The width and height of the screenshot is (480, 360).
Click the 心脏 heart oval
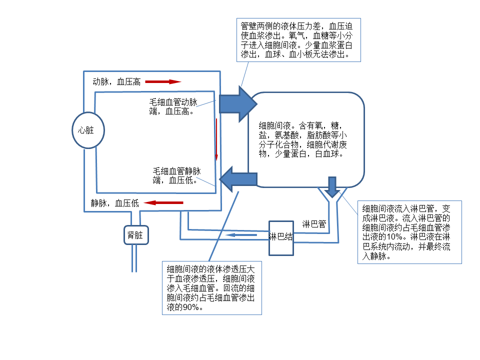tap(88, 130)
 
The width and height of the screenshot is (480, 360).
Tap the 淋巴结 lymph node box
tap(281, 237)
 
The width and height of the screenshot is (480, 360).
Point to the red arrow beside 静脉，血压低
tap(163, 202)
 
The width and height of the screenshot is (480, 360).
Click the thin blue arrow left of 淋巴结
tap(241, 234)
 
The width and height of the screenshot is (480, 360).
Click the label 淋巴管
tap(314, 224)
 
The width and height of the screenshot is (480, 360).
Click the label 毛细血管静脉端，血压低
tap(176, 175)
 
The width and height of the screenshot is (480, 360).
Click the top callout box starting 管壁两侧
tap(299, 40)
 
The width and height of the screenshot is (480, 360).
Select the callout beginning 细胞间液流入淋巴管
tap(409, 232)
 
